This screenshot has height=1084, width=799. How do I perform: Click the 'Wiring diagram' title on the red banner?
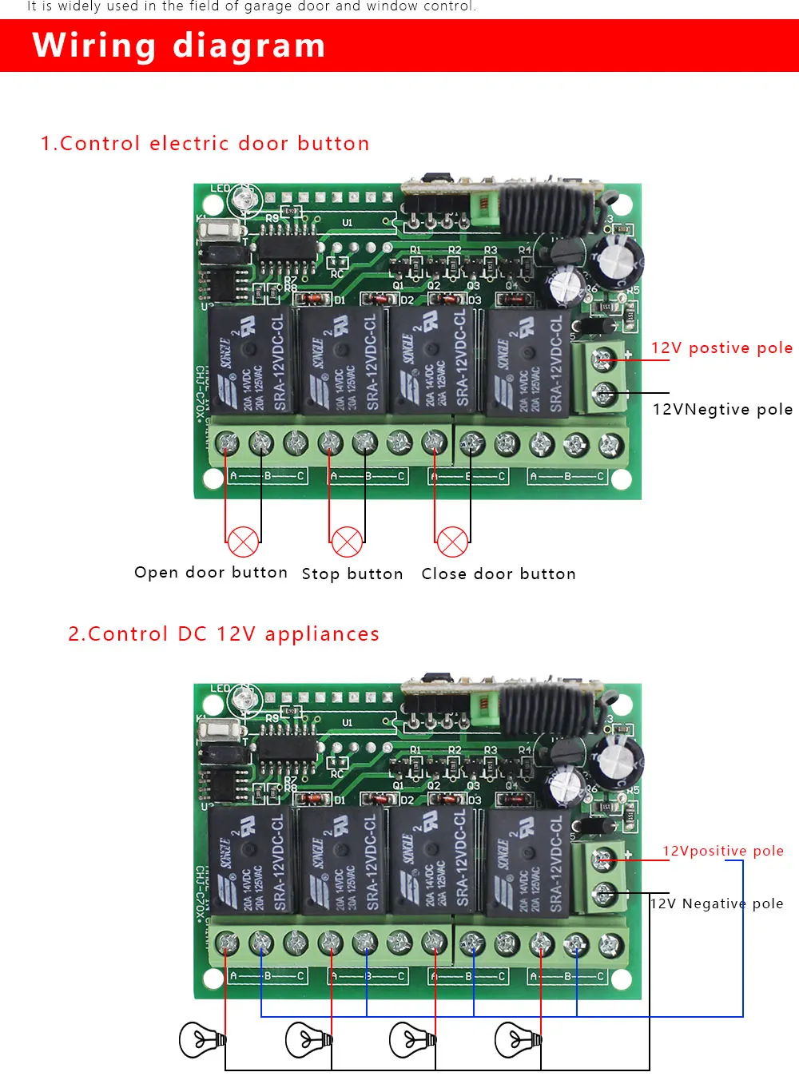[179, 46]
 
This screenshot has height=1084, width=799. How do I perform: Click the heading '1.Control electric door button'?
[205, 144]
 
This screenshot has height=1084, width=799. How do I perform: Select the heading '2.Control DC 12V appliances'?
[224, 634]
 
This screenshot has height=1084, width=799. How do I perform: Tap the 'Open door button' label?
[211, 573]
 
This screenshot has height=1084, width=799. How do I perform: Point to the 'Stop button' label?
[352, 574]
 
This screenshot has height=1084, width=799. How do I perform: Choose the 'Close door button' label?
[499, 574]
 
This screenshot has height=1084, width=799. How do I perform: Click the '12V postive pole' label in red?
[721, 348]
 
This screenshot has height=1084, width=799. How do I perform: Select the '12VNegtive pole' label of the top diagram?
[722, 410]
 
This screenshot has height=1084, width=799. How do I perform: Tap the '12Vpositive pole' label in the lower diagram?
[723, 852]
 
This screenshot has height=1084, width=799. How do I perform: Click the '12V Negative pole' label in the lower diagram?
[717, 904]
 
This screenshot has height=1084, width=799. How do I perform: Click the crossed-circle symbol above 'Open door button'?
[243, 542]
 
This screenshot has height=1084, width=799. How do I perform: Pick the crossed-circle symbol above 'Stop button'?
[347, 542]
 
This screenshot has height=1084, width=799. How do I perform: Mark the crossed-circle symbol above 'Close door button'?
[452, 542]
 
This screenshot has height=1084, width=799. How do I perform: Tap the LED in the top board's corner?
[248, 197]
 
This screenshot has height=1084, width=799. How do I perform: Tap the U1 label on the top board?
[348, 223]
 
